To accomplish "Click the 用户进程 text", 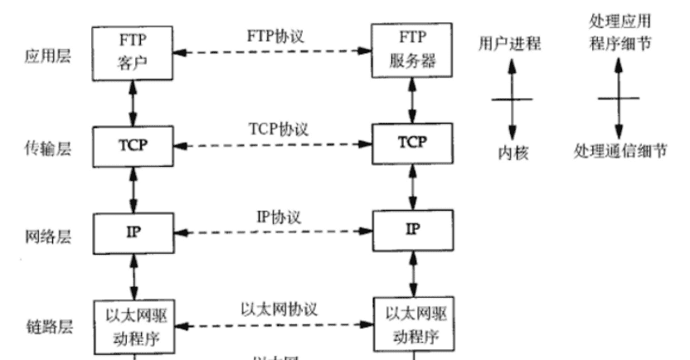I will click(510, 44).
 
